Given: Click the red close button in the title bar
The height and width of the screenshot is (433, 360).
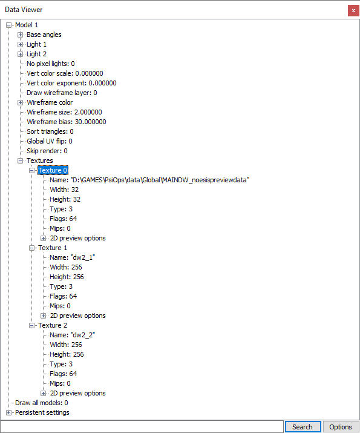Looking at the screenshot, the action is pos(353,11).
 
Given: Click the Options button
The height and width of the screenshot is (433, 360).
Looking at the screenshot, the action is pos(341,427).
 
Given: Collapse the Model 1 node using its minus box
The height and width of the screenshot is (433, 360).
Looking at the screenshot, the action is pos(9,25).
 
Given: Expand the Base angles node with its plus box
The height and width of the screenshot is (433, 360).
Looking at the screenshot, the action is pos(20,35).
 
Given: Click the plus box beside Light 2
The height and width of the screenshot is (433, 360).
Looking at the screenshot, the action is pos(20,54).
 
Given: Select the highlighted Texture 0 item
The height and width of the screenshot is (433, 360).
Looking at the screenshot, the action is pos(53,170).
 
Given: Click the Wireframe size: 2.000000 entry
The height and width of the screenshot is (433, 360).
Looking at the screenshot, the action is pos(64,112).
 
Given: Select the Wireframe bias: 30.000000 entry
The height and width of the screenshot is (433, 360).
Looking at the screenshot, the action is pos(66,122).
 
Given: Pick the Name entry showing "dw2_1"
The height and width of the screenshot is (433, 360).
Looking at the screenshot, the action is pos(72,257).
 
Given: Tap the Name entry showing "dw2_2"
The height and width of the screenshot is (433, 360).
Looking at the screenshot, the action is pos(72,335).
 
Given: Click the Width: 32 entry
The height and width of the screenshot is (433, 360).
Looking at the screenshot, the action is pos(64,190).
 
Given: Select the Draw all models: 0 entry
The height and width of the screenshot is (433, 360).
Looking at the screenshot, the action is pos(41,403).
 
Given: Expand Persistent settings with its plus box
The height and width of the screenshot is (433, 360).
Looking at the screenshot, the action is pos(9,412).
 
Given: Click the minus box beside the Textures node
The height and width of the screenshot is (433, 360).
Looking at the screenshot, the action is pos(20,160).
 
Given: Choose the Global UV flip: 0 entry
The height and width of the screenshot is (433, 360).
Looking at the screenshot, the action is pos(50,141).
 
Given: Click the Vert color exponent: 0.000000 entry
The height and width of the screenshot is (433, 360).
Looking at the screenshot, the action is pos(71,83).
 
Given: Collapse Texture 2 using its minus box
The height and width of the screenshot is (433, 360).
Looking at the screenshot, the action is pos(31,325).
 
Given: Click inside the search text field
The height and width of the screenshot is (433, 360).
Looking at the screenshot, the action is pos(142,427).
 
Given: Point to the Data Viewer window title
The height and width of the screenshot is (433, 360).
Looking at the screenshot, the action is pos(24,10).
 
